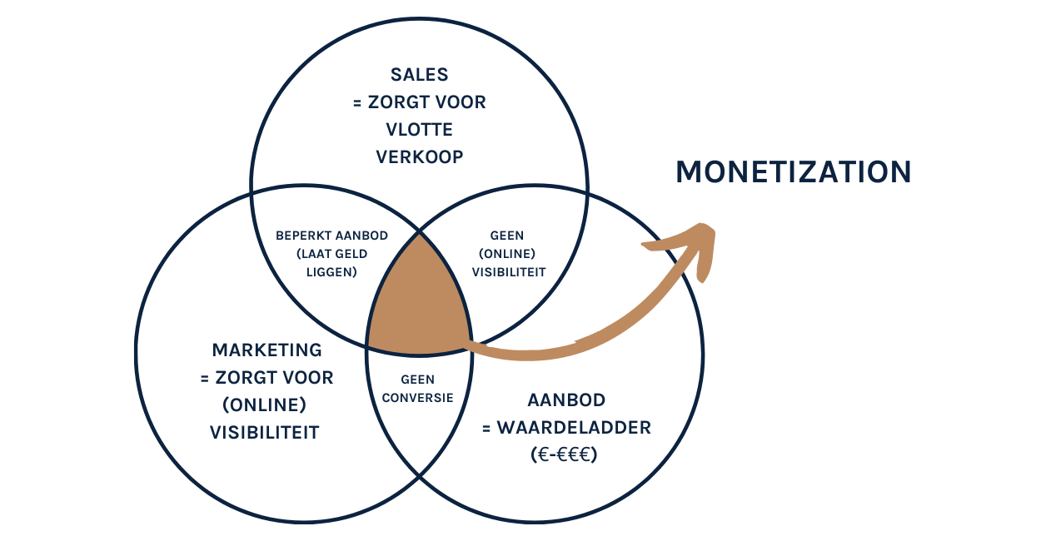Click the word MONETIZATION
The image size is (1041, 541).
coord(793,172)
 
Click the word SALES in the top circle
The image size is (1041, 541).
coord(419,75)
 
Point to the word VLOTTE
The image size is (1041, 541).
coord(419,130)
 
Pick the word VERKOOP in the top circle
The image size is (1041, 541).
coord(419,157)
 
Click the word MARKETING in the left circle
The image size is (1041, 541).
coord(266,350)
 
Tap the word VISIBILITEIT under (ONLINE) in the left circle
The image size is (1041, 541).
coord(264,433)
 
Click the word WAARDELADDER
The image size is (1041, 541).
coord(575,428)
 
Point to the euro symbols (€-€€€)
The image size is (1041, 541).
coord(566,455)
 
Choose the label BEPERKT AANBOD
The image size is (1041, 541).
coord(331,236)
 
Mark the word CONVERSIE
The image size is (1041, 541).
coord(417,398)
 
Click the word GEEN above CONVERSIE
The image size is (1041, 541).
coord(417,380)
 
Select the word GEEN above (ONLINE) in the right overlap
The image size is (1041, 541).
coord(507,236)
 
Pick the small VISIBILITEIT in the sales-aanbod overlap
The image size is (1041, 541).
coord(509,271)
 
